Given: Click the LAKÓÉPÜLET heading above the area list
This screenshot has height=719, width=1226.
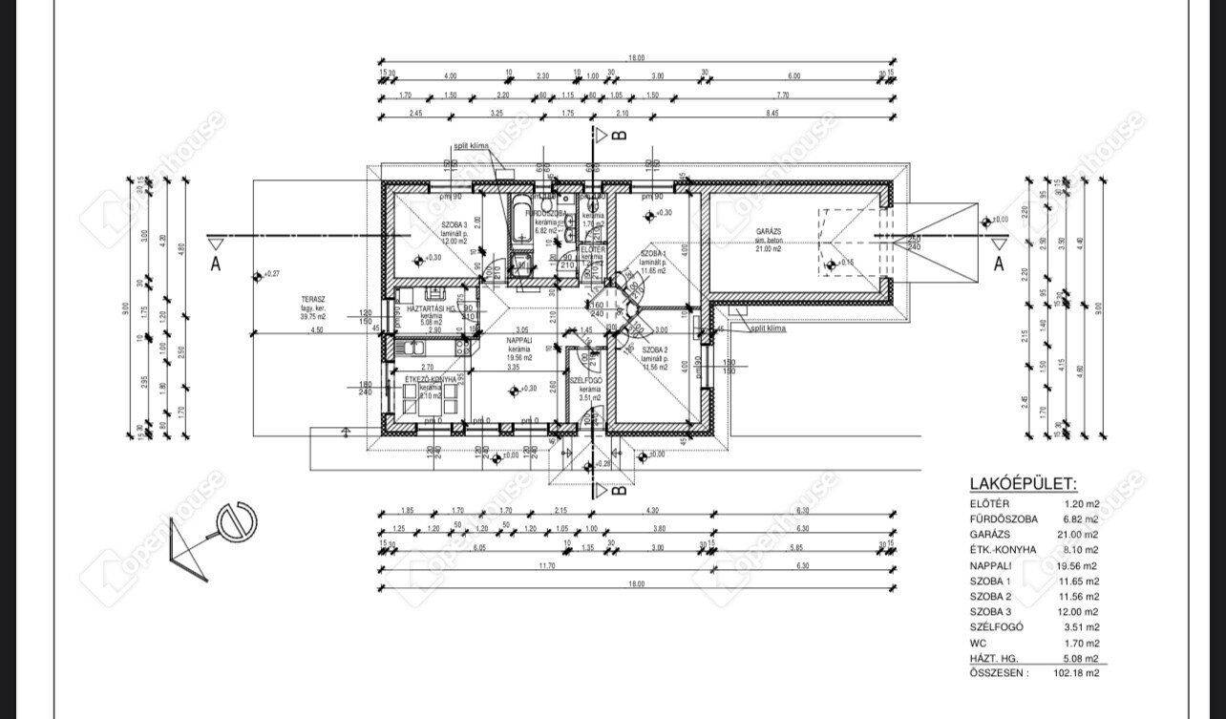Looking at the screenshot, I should coord(1023,485).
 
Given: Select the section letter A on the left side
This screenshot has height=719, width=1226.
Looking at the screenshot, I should coord(216,264).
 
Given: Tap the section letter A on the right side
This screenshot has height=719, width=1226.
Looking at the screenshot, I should coord(999,264).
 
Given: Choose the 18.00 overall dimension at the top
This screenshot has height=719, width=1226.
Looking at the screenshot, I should coord(637,58).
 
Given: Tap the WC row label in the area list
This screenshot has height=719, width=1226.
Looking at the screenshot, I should coord(979,643).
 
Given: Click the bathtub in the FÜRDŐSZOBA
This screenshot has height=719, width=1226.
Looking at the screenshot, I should coord(521,222).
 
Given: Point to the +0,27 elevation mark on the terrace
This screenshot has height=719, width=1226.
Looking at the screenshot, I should coord(271,274).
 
